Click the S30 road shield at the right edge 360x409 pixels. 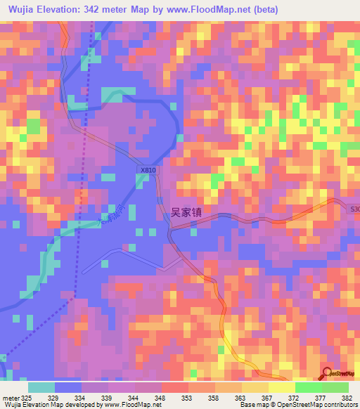pyautogui.click(x=354, y=208)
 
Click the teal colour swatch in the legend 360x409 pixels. pyautogui.click(x=41, y=387)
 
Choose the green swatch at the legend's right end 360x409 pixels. pyautogui.click(x=335, y=387)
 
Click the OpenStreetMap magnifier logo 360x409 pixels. pyautogui.click(x=326, y=372)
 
